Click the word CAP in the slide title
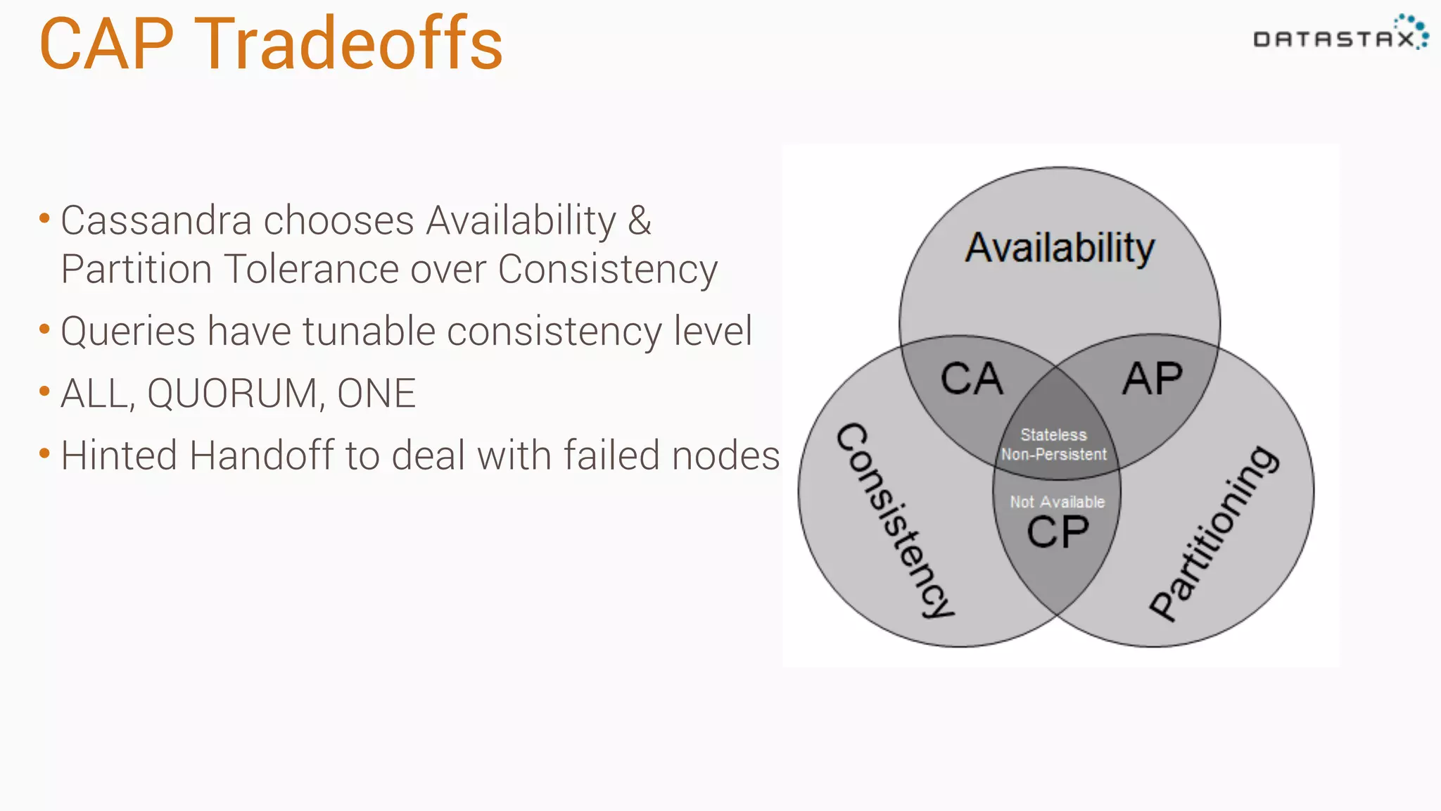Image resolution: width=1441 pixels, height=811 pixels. (106, 44)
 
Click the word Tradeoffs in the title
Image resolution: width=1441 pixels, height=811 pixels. (349, 44)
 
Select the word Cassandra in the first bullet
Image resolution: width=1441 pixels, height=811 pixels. (156, 220)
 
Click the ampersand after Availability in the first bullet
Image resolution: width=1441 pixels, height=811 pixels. (639, 220)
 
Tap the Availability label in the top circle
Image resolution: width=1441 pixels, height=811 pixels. (1060, 248)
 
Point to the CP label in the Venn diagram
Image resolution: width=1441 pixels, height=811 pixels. (1058, 532)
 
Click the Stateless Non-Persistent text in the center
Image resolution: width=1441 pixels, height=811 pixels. (1054, 445)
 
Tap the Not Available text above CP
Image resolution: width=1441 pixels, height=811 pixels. (1057, 502)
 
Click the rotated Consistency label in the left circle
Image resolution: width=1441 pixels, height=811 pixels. (895, 521)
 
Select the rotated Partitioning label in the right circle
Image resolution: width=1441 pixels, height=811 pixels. (1213, 534)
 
